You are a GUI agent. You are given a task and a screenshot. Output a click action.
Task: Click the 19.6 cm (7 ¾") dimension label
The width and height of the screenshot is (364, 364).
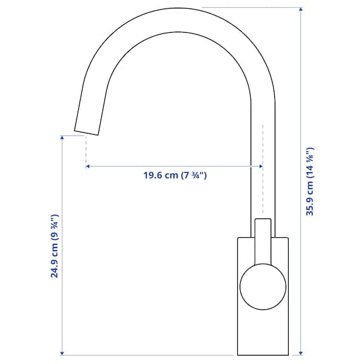pyautogui.click(x=175, y=176)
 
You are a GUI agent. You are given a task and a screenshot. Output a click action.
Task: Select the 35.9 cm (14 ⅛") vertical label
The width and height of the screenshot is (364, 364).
pyautogui.click(x=309, y=181)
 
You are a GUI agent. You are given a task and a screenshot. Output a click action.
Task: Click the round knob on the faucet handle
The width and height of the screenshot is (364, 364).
pyautogui.click(x=263, y=286)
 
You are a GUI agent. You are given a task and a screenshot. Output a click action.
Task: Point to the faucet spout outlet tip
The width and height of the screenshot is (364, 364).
pyautogui.click(x=86, y=129)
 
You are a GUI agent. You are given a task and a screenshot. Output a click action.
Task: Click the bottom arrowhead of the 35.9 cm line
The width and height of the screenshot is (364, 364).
pyautogui.click(x=302, y=352)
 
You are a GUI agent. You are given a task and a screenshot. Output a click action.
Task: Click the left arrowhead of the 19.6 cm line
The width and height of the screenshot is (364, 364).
pyautogui.click(x=89, y=166)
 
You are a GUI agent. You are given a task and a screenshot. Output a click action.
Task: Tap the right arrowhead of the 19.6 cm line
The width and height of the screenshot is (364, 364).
pyautogui.click(x=260, y=166)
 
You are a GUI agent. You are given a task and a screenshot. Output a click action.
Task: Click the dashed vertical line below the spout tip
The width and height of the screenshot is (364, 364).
pyautogui.click(x=86, y=149)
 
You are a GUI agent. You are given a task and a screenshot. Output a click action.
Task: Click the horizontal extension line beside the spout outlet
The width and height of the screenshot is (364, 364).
pyautogui.click(x=69, y=135)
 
